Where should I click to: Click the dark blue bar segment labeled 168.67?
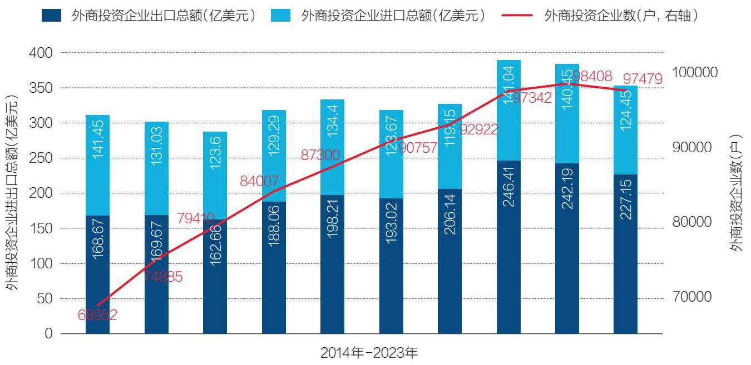click(97, 274)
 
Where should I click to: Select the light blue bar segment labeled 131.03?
click(156, 168)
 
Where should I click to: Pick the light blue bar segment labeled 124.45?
click(626, 130)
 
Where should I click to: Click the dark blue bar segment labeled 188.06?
click(274, 268)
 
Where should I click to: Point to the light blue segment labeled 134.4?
click(332, 147)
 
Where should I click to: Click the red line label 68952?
click(97, 316)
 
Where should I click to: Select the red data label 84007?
click(259, 181)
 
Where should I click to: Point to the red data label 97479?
click(643, 79)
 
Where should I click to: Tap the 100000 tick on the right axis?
click(695, 72)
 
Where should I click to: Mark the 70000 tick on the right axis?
click(693, 297)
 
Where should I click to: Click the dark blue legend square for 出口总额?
click(52, 16)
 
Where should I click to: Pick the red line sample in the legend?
click(517, 16)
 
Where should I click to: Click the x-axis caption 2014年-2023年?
click(369, 352)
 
